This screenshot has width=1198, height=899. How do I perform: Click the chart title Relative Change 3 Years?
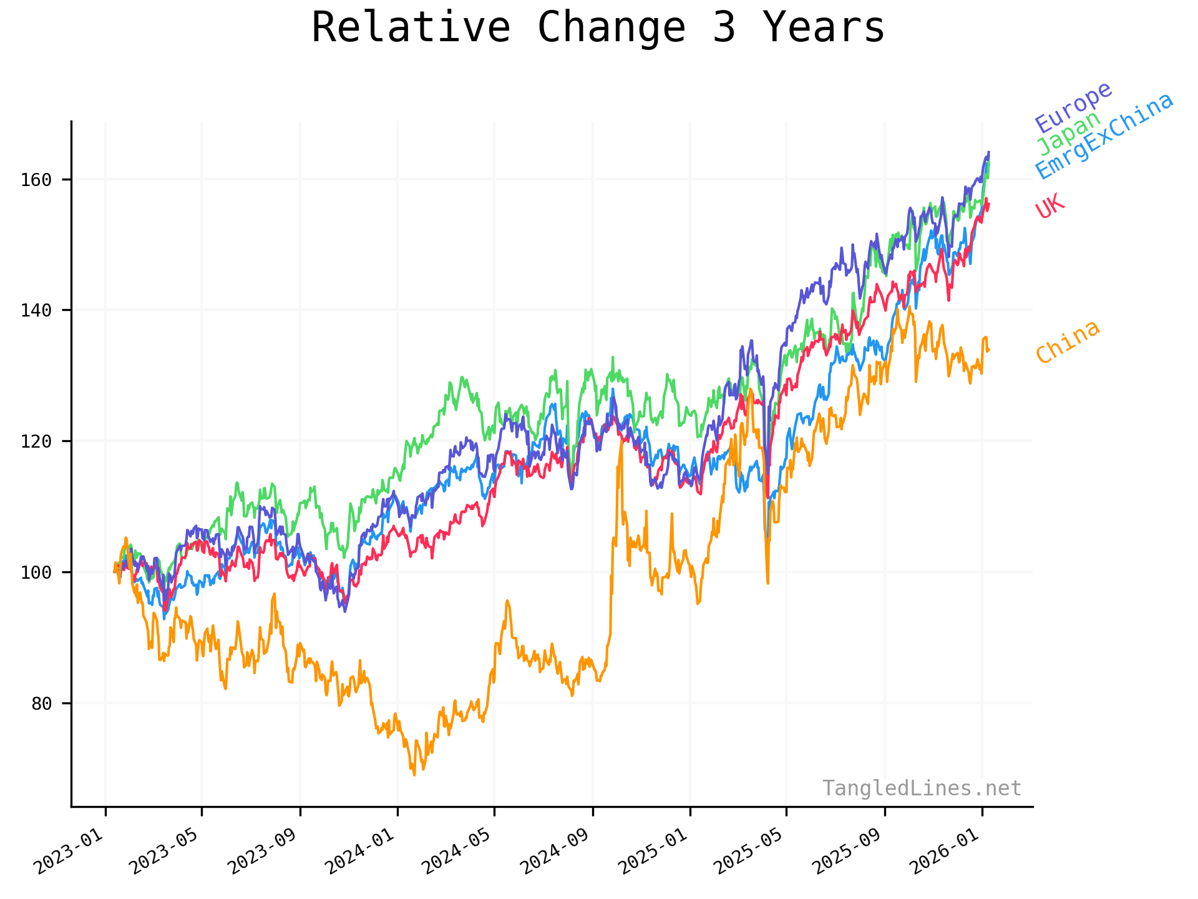[x=598, y=28]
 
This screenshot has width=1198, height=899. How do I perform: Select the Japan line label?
[x=1069, y=133]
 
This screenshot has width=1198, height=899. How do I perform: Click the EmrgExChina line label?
[x=1104, y=136]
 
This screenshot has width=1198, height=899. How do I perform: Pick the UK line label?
[x=1050, y=206]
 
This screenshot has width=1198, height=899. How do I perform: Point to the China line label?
[x=1068, y=341]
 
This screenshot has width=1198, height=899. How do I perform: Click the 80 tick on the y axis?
[x=41, y=704]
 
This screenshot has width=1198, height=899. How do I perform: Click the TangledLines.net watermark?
[x=922, y=788]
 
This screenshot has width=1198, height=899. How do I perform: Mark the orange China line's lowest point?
[x=414, y=775]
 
